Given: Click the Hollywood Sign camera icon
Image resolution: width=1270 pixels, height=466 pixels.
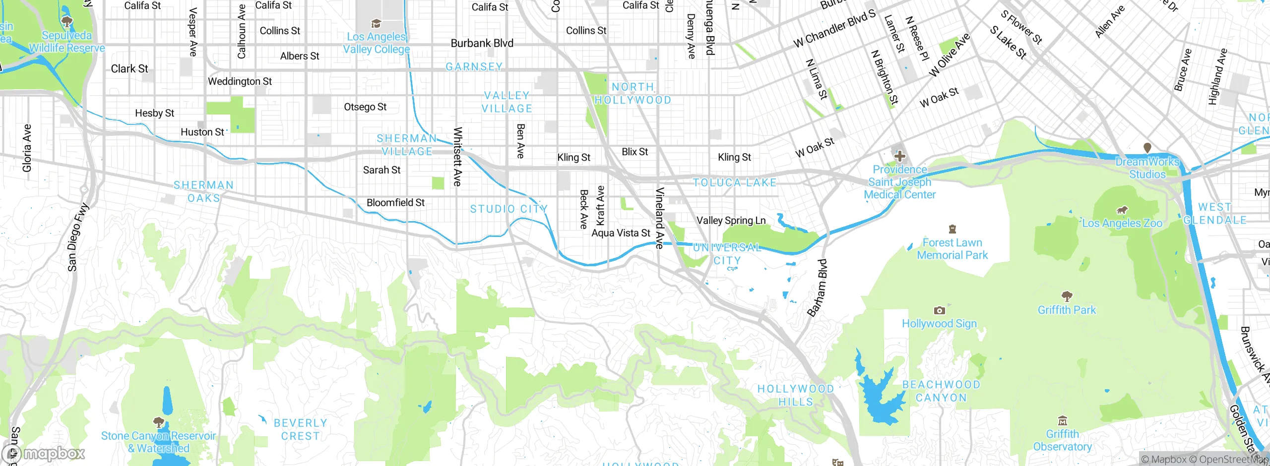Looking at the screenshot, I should tap(939, 311).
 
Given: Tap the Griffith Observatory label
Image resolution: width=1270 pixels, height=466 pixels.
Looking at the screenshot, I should tap(1062, 440).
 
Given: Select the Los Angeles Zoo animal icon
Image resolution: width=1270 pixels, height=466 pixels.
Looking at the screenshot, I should tap(1122, 210).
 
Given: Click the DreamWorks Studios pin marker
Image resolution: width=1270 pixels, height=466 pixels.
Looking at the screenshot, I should tap(1147, 148).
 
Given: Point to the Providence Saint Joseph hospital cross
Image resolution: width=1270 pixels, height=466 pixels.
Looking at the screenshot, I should tap(899, 157).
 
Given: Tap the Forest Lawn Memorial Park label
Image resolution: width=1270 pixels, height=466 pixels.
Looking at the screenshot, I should tap(952, 249).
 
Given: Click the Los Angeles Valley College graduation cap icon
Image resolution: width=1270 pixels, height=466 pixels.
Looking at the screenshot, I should tap(376, 23).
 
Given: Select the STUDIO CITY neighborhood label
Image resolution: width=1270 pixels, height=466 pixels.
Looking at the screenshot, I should tap(508, 209).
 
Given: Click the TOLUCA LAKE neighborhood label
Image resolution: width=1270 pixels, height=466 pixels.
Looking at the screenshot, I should tap(735, 182).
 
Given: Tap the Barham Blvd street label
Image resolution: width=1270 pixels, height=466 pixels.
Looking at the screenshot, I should tap(817, 288).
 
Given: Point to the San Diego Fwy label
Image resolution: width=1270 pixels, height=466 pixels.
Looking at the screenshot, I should tap(78, 237).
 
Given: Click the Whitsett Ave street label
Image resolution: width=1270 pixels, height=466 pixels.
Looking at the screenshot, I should tap(457, 157).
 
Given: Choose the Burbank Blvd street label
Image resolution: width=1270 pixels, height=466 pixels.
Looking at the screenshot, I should tap(482, 43).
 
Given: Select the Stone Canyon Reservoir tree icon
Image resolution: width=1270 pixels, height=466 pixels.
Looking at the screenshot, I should tap(159, 422).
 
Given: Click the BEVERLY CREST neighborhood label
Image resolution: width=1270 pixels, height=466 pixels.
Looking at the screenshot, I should tap(300, 429).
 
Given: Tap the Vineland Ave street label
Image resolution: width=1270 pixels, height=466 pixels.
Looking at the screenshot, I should tap(659, 218).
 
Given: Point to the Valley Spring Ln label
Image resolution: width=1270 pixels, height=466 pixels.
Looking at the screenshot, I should tap(731, 220).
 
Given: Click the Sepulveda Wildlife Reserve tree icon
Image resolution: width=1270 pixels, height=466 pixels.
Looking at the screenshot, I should tap(66, 21).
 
